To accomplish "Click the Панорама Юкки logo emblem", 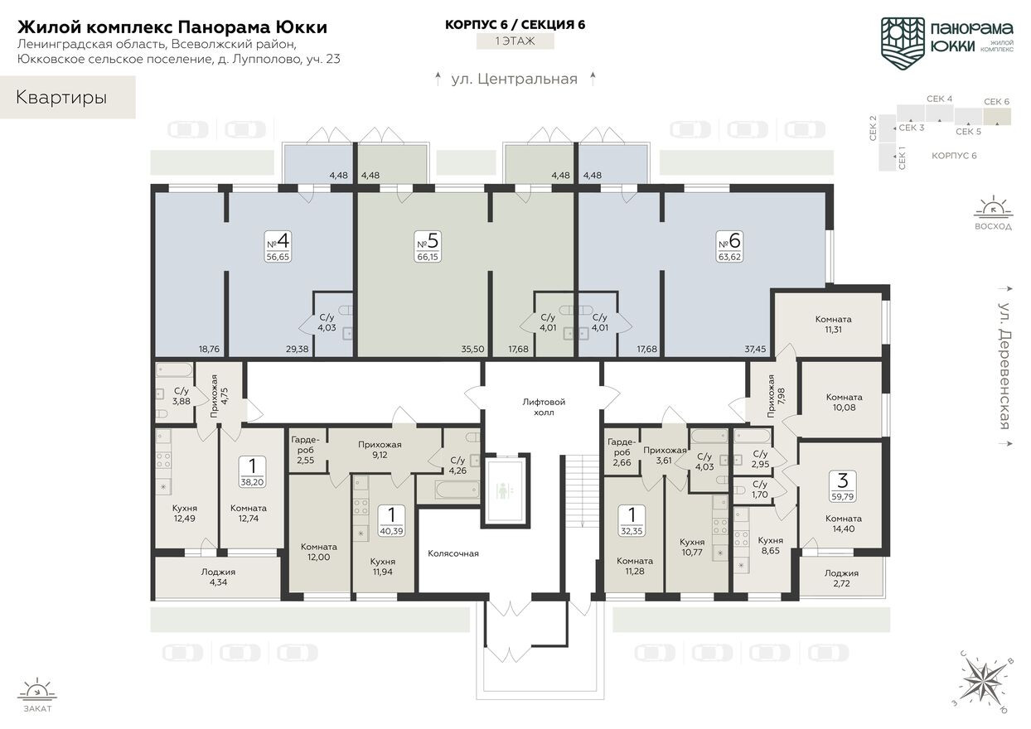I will click(902, 39).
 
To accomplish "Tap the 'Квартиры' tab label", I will click(61, 98).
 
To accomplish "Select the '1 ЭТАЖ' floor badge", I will click(515, 41).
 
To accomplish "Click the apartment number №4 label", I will click(278, 241).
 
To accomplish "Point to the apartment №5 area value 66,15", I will click(428, 257).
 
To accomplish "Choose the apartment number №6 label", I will click(729, 241).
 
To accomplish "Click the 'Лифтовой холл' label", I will click(544, 406).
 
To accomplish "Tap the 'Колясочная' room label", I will click(453, 553).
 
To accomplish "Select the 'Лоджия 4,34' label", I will click(218, 577).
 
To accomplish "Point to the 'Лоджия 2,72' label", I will click(841, 578).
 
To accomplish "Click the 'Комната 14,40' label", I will click(843, 524).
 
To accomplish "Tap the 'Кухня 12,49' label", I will click(185, 513).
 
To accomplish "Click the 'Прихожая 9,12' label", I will click(379, 449).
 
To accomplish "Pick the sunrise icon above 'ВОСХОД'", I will click(991, 206).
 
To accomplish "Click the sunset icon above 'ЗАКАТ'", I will click(36, 689).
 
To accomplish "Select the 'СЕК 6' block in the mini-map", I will click(997, 113).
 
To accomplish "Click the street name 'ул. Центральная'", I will click(514, 80).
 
